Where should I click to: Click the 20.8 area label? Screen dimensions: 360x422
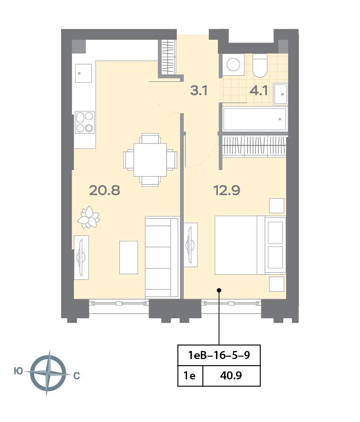105,190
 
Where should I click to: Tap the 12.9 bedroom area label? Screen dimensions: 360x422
227,190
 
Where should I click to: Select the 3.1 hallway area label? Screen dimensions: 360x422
199,90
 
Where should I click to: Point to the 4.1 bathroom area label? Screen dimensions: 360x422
259,90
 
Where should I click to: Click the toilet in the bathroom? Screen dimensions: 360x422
260,65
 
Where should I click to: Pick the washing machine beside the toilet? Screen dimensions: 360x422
234,64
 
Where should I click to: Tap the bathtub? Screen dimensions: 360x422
254,119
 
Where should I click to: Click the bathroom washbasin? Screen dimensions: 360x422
280,94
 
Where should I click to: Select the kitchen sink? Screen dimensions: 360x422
83,73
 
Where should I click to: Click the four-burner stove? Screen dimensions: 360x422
84,122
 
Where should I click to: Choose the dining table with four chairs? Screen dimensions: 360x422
150,160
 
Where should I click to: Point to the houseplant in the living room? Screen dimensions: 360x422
89,217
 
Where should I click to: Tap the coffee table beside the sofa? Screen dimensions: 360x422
129,258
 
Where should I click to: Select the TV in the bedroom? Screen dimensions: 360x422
190,245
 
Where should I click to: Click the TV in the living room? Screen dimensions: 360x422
81,258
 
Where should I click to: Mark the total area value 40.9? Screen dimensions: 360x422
231,375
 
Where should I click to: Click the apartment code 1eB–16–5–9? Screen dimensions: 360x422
219,355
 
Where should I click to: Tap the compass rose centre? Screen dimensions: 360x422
48,373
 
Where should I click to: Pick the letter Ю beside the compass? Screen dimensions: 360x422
18,371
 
